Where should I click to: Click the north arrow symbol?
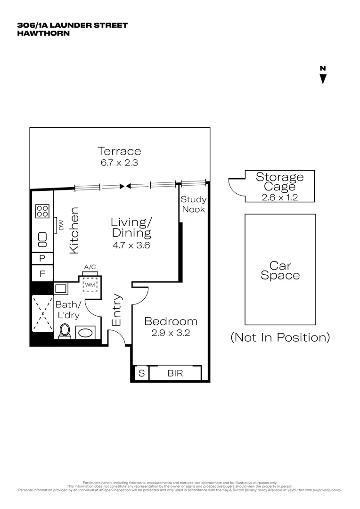coord(323,79)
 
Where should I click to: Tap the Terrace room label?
coord(119,151)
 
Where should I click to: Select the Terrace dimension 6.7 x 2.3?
coord(119,163)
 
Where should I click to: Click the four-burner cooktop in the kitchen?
coord(42,211)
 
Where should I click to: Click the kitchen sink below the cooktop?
coord(42,239)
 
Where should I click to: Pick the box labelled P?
coord(42,258)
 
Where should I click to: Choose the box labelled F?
coord(42,273)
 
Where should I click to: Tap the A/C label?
coord(90,267)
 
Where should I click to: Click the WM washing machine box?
coord(90,285)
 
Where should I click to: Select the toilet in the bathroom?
coord(65,331)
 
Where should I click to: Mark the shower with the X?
coord(42,312)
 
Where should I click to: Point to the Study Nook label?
coord(194,205)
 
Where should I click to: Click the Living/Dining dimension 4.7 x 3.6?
coord(131,245)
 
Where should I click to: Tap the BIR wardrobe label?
coord(175,373)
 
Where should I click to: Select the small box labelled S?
coord(141,373)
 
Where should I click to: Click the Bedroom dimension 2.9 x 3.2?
coord(171,333)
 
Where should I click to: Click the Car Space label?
coord(280,271)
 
